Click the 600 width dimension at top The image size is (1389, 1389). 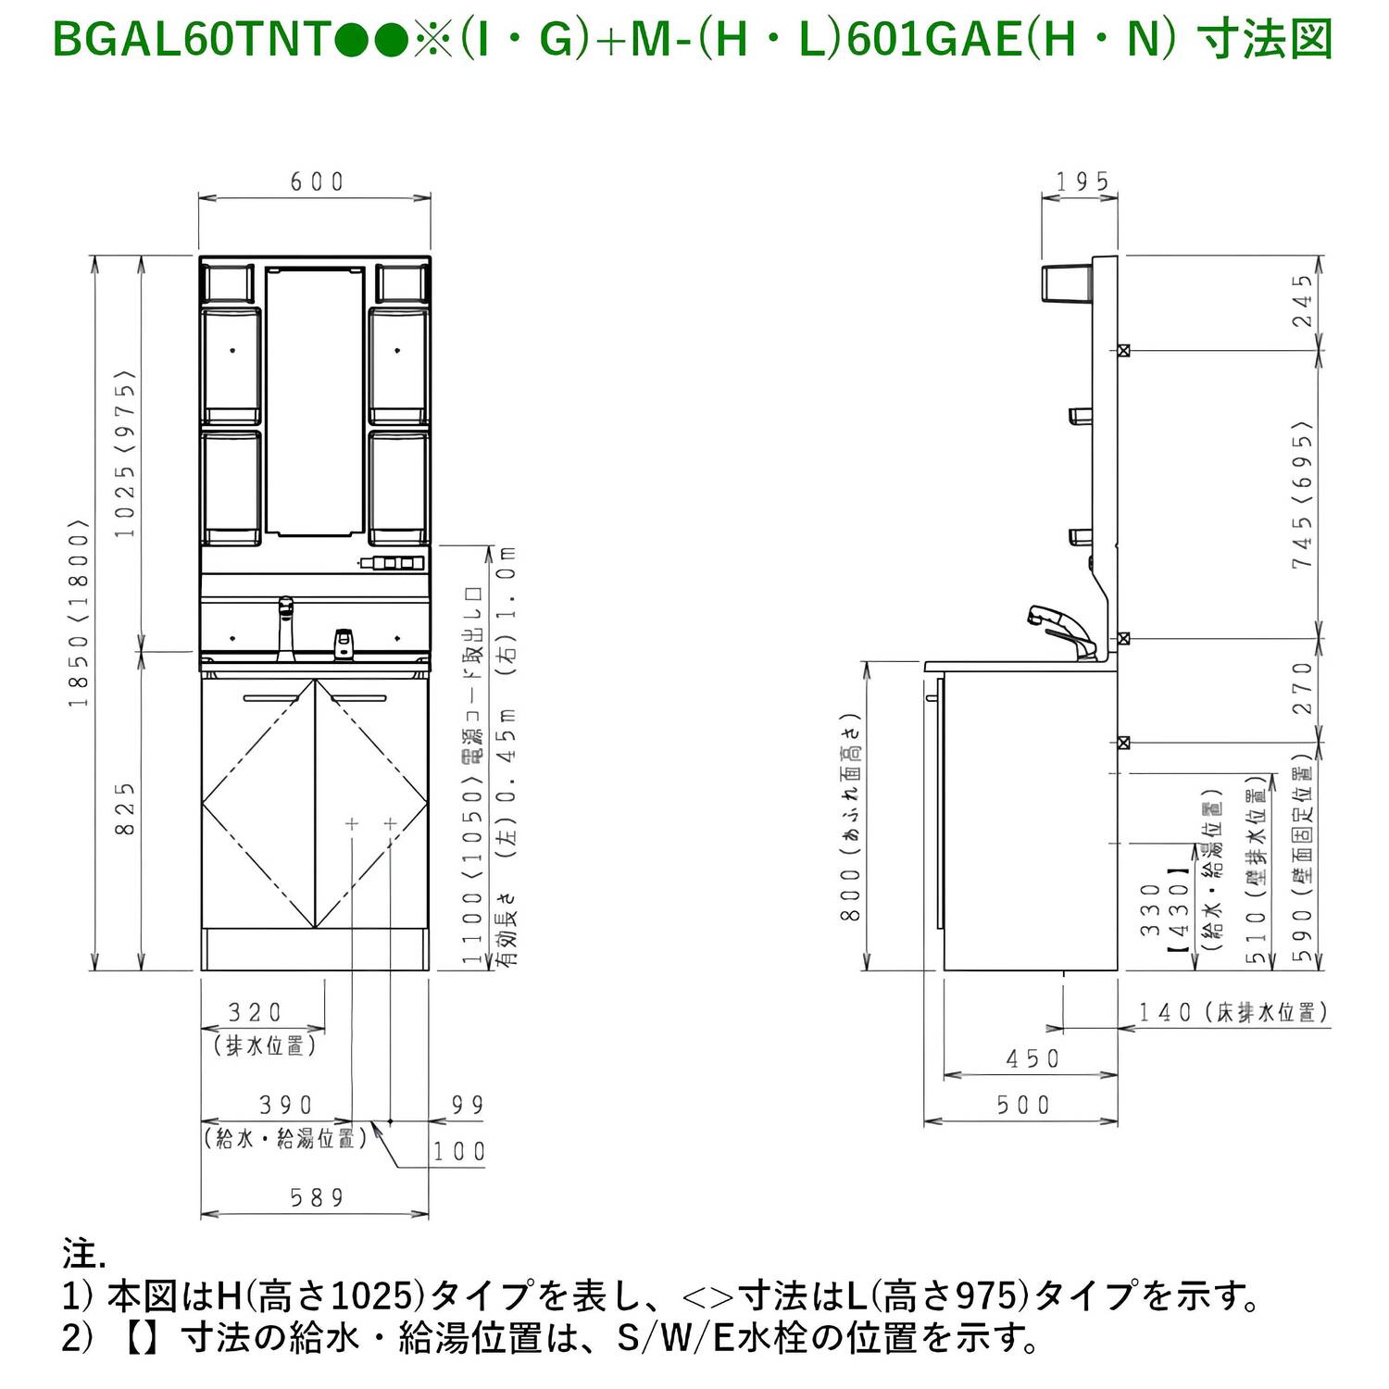(317, 181)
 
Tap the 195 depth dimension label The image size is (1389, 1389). (1082, 181)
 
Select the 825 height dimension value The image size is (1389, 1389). (125, 808)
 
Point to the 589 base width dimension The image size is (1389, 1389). (317, 1198)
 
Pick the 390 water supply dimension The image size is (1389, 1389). (286, 1106)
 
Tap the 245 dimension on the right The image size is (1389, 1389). (1303, 300)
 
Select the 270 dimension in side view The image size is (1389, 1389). (1303, 688)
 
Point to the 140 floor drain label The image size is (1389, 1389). (1233, 1012)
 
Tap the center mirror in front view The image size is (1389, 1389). (315, 401)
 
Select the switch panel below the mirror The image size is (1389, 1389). (393, 562)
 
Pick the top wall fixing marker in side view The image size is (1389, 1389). (1123, 350)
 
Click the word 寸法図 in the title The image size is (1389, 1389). (1265, 40)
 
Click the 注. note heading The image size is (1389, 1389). (84, 1254)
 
